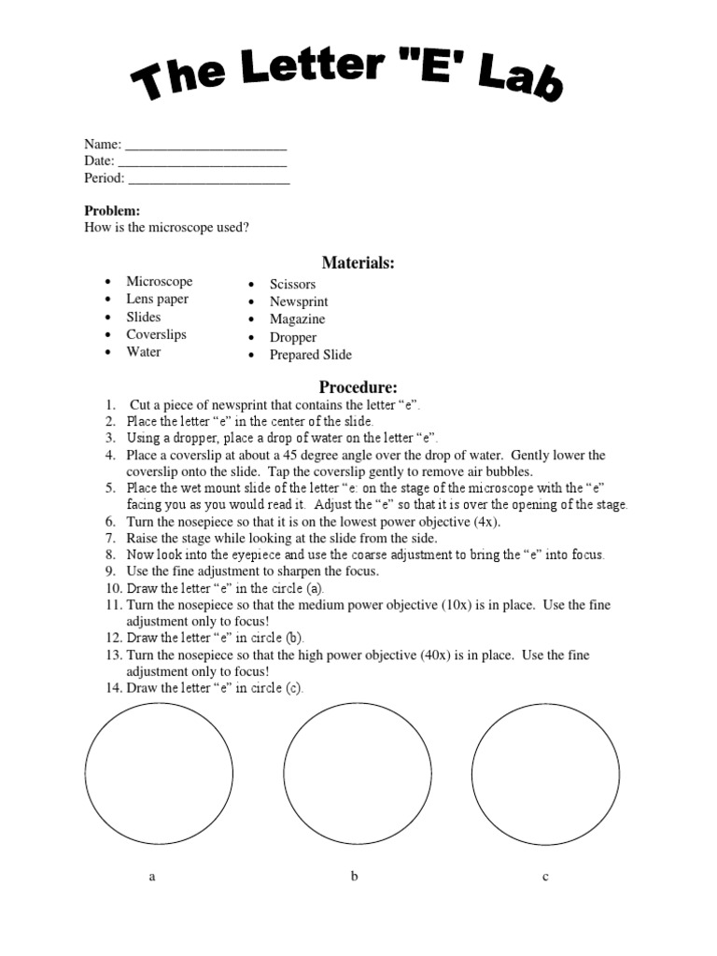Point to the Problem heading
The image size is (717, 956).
tap(112, 211)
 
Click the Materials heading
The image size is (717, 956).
tap(358, 263)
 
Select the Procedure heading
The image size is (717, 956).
tap(358, 387)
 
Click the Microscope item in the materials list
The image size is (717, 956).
tap(160, 281)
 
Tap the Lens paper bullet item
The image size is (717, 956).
tap(158, 299)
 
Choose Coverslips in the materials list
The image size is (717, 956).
tap(157, 334)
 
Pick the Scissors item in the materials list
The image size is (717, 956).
tap(293, 284)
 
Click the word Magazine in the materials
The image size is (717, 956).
tap(298, 319)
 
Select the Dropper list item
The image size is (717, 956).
tap(293, 337)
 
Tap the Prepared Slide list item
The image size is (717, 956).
tap(311, 355)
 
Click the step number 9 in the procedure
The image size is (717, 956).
tap(110, 571)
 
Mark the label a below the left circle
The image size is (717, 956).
tap(152, 877)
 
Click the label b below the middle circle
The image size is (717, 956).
tap(354, 876)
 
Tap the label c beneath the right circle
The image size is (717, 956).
tap(545, 877)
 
